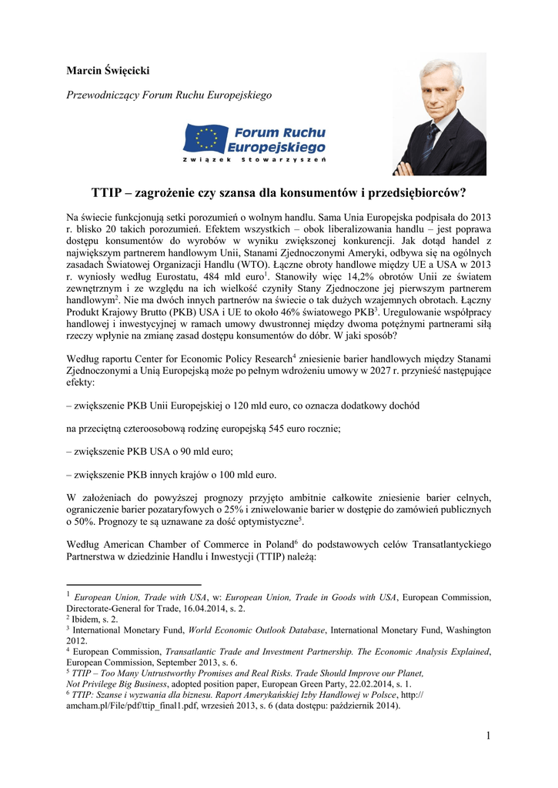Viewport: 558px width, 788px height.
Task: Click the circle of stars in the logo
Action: coord(207,139)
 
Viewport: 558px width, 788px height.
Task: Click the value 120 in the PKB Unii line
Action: coord(236,404)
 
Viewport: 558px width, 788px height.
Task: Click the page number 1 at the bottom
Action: coord(488,736)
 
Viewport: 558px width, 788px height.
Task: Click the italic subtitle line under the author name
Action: coord(169,95)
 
